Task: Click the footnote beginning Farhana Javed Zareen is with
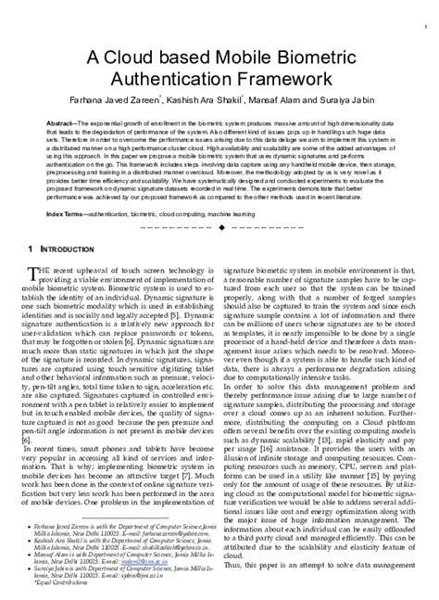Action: (x=120, y=526)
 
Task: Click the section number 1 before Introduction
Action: (x=31, y=249)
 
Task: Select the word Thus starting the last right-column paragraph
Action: (x=232, y=565)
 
